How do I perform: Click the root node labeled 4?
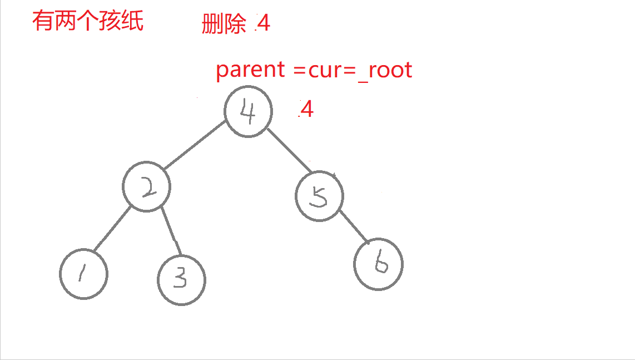(x=248, y=111)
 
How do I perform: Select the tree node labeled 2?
(x=147, y=188)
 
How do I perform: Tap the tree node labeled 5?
(x=320, y=196)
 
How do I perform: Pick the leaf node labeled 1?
(x=84, y=274)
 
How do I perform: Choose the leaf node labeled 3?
(x=181, y=280)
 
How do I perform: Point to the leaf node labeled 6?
(x=379, y=264)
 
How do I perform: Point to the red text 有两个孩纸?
(x=88, y=22)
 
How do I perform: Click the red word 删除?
(x=224, y=24)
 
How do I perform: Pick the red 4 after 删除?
(x=263, y=23)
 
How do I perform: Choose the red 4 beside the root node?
(x=306, y=110)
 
